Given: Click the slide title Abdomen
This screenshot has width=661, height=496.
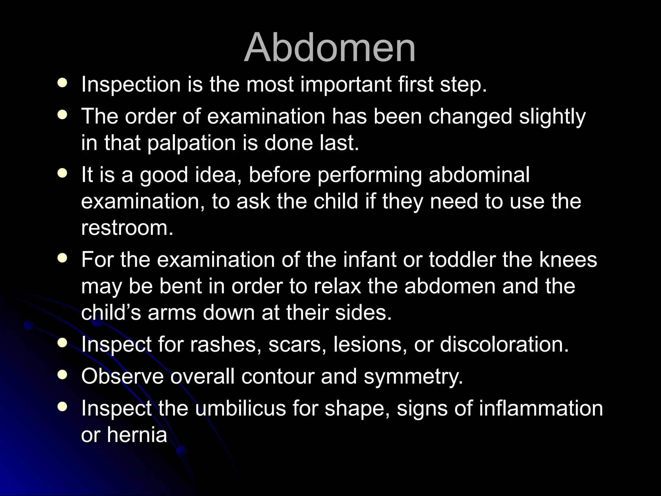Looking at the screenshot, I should tap(330, 48).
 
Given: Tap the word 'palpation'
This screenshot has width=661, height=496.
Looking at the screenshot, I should tap(192, 143).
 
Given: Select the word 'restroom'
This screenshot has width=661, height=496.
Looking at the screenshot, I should tap(127, 228).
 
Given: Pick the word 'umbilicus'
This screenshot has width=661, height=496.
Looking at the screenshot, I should tap(240, 408).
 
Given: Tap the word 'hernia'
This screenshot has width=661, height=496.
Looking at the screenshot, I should tap(137, 435).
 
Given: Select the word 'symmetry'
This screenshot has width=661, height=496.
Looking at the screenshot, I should tap(413, 377).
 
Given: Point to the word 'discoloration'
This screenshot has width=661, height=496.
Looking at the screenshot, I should tap(504, 344).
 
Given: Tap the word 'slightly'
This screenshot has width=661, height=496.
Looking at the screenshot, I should tap(552, 116).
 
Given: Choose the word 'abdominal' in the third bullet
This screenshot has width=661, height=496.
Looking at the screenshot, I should tap(479, 175).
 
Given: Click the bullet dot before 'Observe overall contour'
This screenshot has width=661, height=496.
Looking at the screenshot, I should tap(62, 375).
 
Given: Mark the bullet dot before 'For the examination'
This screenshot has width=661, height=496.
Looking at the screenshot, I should tap(62, 258).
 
